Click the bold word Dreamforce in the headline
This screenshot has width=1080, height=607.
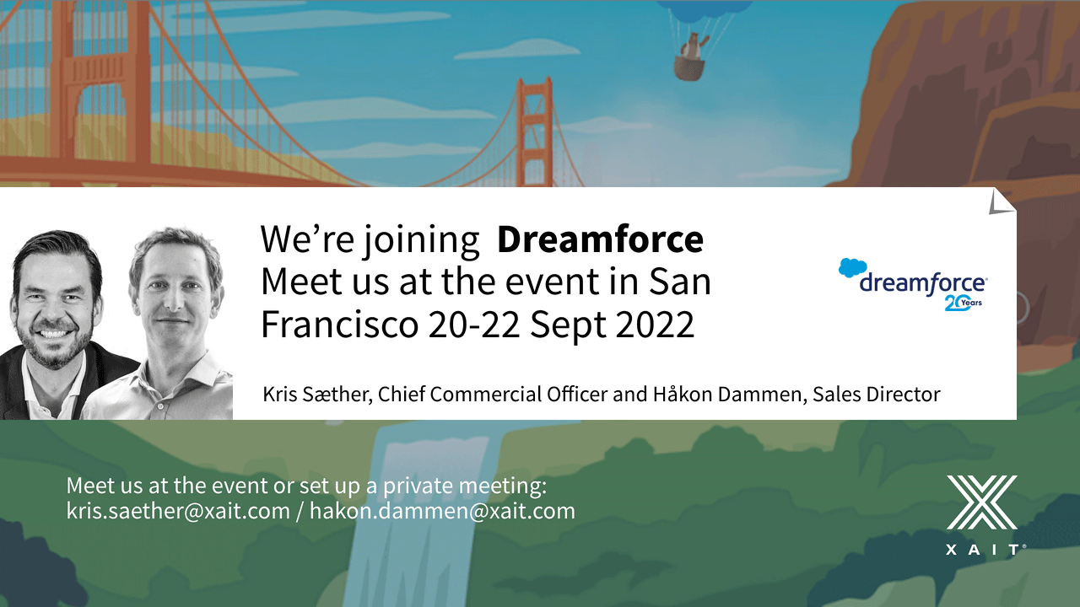[600, 239]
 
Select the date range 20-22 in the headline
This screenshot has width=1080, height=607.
[474, 325]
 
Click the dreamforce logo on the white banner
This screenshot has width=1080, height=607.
[913, 284]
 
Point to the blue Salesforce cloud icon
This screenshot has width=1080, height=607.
[852, 268]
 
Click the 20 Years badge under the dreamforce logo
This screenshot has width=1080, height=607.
[963, 303]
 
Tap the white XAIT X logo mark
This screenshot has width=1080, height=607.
[981, 502]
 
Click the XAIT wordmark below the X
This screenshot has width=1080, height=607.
[985, 550]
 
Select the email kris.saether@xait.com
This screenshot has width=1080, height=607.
[178, 512]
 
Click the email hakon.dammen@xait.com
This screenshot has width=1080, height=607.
[442, 512]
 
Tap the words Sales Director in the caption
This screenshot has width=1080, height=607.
[877, 394]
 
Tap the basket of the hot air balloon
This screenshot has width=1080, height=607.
[689, 68]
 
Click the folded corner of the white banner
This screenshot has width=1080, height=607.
[1002, 201]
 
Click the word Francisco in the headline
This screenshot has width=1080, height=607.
[340, 325]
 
